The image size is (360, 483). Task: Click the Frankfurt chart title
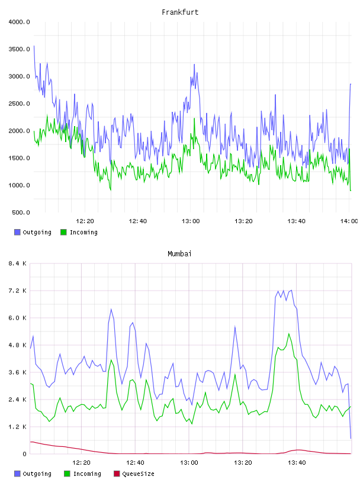pyautogui.click(x=180, y=12)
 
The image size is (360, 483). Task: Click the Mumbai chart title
pyautogui.click(x=179, y=253)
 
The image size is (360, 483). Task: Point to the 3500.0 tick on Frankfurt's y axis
pyautogui.click(x=19, y=49)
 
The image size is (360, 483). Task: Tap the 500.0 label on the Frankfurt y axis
pyautogui.click(x=21, y=212)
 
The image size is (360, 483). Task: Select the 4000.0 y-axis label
pyautogui.click(x=19, y=22)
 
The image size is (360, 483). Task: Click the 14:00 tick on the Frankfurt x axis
pyautogui.click(x=349, y=221)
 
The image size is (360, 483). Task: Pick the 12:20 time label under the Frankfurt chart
pyautogui.click(x=85, y=221)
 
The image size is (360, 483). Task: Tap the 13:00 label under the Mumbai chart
pyautogui.click(x=189, y=462)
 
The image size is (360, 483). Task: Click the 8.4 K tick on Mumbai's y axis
pyautogui.click(x=18, y=263)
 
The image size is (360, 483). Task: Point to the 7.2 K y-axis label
pyautogui.click(x=18, y=291)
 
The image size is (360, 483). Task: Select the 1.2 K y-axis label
pyautogui.click(x=18, y=427)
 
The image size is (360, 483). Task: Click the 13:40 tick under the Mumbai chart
pyautogui.click(x=297, y=462)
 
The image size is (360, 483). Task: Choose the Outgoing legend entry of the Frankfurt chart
pyautogui.click(x=33, y=232)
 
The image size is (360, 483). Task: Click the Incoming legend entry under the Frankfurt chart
pyautogui.click(x=79, y=232)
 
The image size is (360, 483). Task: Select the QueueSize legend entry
pyautogui.click(x=134, y=474)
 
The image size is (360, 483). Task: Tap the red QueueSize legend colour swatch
pyautogui.click(x=117, y=474)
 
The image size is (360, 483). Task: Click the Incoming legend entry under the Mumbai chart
pyautogui.click(x=83, y=474)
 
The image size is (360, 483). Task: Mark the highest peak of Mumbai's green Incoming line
pyautogui.click(x=289, y=334)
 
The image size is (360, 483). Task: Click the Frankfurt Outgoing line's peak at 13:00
pyautogui.click(x=194, y=65)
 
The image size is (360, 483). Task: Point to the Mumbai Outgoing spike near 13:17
pyautogui.click(x=235, y=327)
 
